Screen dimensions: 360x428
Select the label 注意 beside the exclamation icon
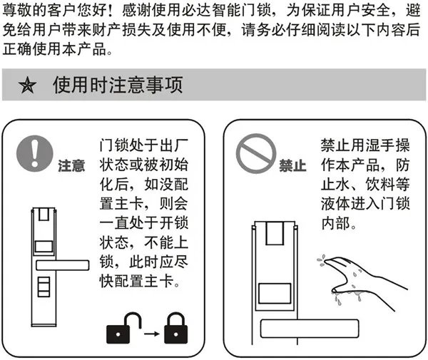pyautogui.click(x=71, y=166)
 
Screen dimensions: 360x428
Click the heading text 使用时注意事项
pyautogui.click(x=117, y=86)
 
